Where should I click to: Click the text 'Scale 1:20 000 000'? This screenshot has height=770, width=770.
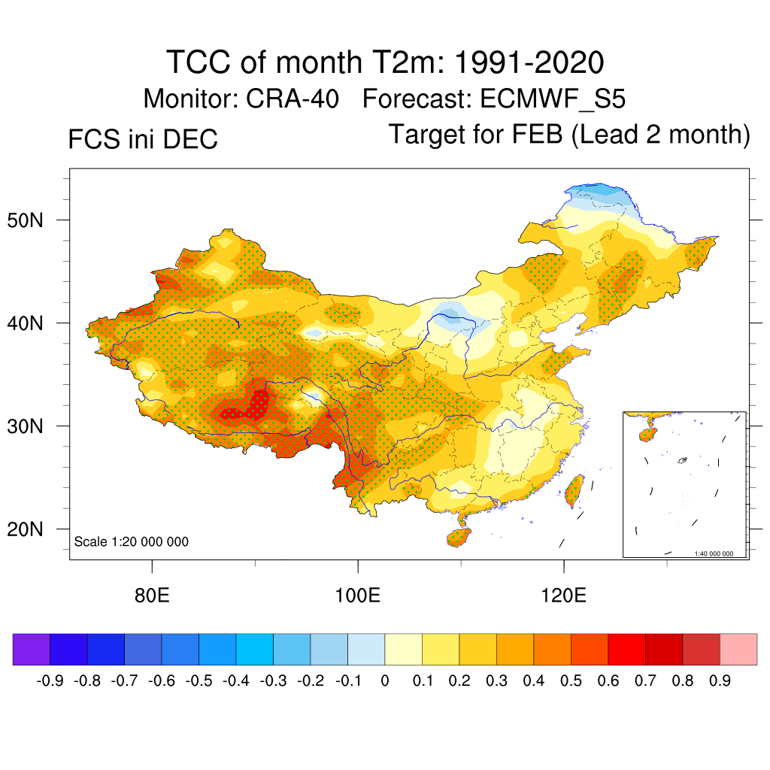click(132, 541)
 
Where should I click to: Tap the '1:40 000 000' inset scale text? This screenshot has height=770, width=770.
click(719, 553)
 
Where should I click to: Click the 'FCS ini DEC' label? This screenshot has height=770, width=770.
click(143, 139)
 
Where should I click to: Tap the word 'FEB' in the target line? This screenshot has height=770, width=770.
click(538, 135)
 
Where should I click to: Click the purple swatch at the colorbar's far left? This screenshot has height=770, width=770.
click(31, 650)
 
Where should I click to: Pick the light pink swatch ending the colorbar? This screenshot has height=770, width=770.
click(738, 650)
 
